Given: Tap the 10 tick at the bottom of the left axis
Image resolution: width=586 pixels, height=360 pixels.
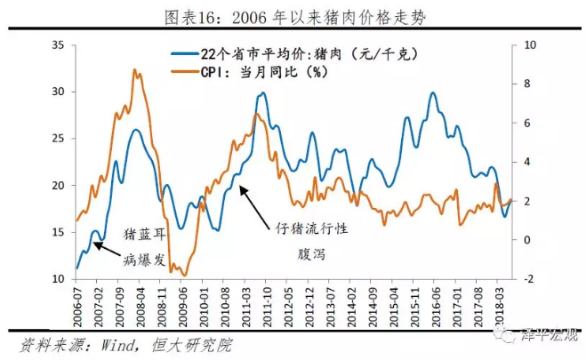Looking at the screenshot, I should pos(58,279).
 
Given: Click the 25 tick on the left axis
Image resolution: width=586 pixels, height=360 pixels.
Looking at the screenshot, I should pos(58,139).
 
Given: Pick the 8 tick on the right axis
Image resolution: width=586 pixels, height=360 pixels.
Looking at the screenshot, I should pos(526,84).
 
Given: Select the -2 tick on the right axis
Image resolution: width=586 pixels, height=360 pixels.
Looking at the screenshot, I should pos(528,279).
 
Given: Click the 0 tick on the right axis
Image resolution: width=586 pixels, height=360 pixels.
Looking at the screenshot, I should pos(526,240).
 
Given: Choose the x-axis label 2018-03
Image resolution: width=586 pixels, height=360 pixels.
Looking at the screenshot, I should pos(504,306).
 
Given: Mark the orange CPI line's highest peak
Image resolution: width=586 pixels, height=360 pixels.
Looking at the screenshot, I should pos(134,69).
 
